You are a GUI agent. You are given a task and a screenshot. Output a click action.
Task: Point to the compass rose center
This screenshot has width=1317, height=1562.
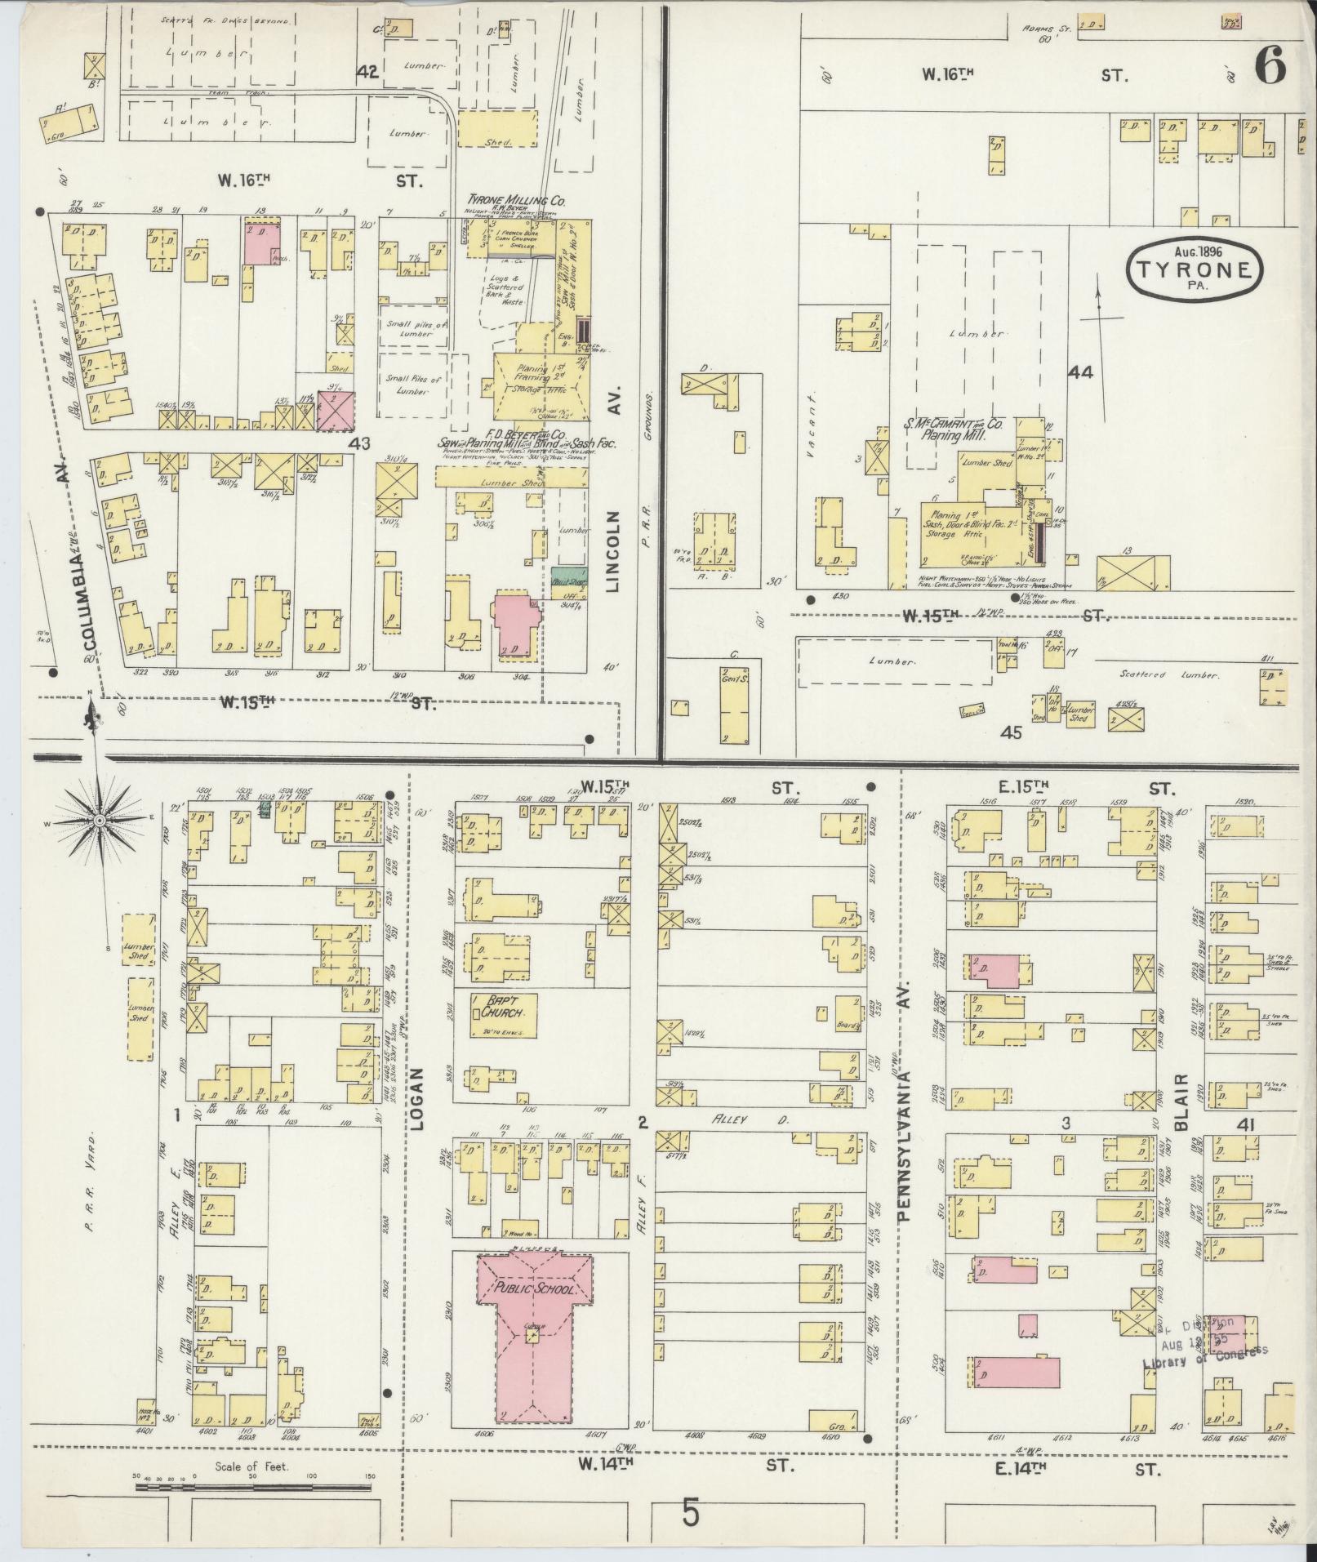point(99,820)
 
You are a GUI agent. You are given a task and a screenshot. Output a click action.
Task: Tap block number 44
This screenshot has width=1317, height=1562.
point(1080,372)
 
